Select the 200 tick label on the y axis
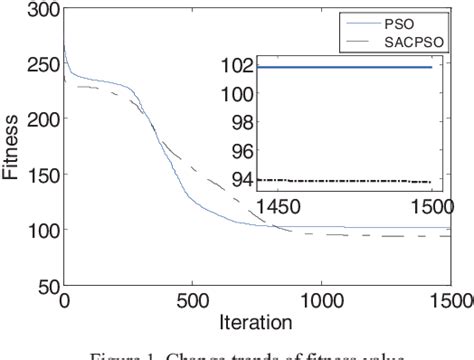39,121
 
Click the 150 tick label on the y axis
39,176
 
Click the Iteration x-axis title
257,322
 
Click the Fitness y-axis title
12,149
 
